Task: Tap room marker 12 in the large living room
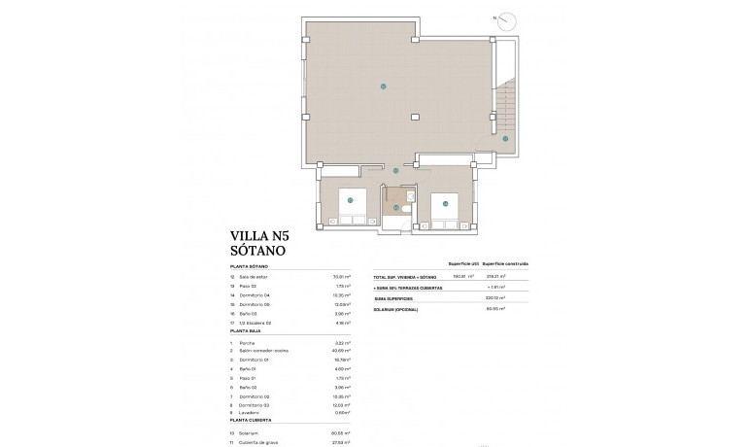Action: [384, 87]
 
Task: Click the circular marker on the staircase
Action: [505, 139]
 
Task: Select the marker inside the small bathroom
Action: [395, 207]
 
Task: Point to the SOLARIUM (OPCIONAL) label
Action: [397, 309]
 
